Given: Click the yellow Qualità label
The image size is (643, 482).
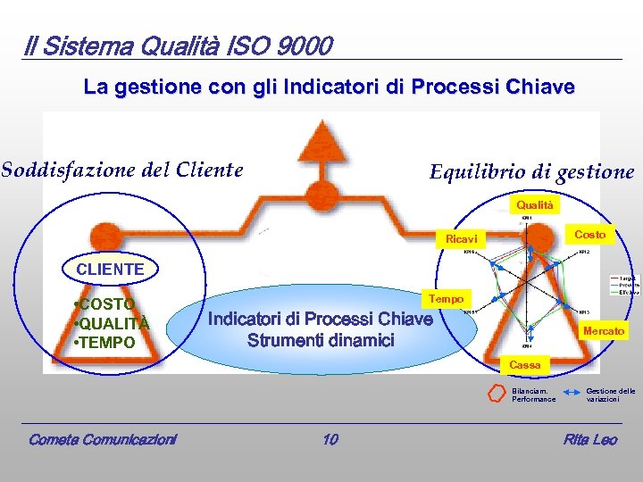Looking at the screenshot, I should [536, 205].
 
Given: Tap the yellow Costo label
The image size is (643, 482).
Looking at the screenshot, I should [589, 234].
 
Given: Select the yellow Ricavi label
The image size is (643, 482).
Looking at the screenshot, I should [462, 239].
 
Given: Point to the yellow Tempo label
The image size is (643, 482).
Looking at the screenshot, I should [447, 299].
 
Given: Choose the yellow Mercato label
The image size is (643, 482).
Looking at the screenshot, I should [604, 331].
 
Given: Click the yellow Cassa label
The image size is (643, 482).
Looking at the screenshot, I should [525, 365].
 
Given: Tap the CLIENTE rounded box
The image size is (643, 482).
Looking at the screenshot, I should [110, 269].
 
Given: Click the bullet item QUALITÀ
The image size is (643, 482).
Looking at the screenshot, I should [113, 323].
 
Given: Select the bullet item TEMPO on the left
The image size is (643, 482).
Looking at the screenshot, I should [106, 342].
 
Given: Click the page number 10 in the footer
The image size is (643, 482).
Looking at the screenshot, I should [330, 439].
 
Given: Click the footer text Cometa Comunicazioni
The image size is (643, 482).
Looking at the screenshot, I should [103, 439].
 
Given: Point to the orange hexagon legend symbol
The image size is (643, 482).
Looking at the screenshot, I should [497, 394].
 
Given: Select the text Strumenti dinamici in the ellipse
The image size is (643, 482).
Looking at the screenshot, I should [321, 340].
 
